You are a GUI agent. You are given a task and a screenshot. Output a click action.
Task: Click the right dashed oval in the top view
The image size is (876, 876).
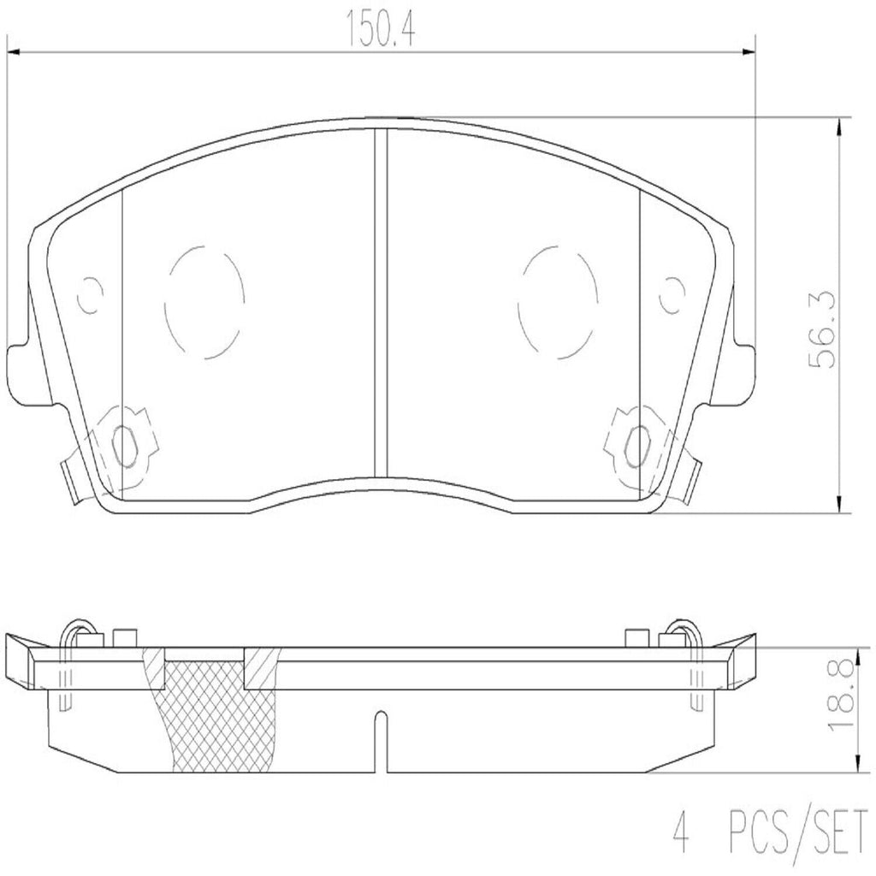click(558, 302)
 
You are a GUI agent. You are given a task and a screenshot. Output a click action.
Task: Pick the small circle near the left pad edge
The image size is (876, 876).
click(89, 297)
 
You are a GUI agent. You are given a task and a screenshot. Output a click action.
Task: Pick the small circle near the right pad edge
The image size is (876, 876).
click(673, 297)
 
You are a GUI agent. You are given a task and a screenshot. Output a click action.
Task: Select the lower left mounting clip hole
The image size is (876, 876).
click(125, 444)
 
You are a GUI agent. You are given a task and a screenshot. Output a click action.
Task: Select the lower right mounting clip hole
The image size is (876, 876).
click(637, 444)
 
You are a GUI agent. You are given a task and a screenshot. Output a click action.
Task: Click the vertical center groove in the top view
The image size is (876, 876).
click(382, 299)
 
